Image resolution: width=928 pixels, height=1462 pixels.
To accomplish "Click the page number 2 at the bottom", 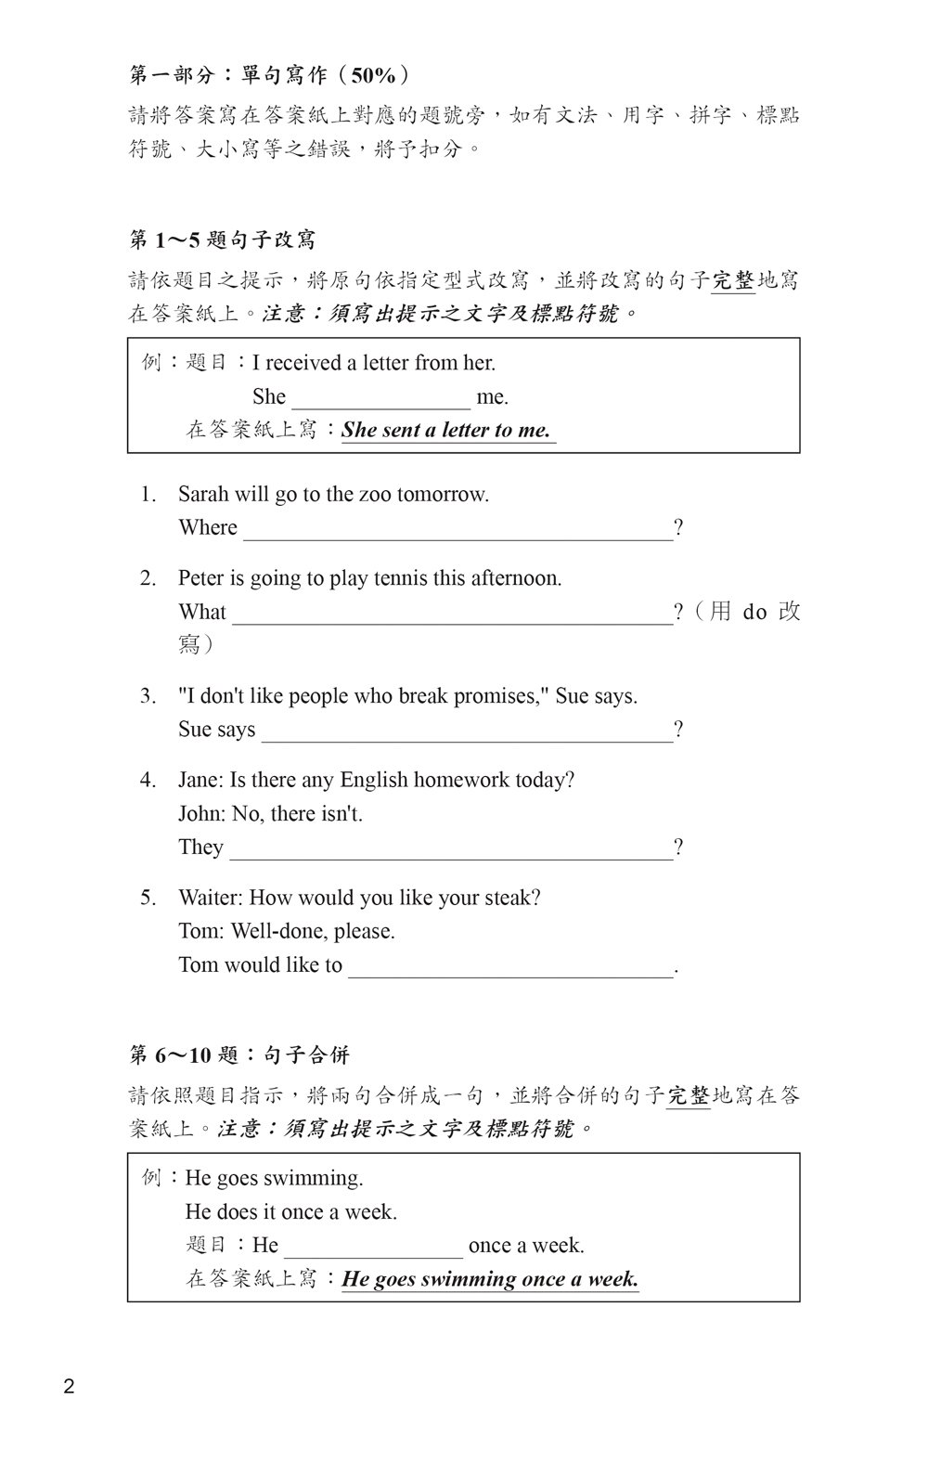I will pyautogui.click(x=70, y=1388).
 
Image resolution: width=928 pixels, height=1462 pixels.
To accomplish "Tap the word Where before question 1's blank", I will pyautogui.click(x=208, y=528).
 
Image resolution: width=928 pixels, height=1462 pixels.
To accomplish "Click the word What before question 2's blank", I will pyautogui.click(x=202, y=613).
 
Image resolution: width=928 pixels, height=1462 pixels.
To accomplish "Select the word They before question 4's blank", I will pyautogui.click(x=200, y=847).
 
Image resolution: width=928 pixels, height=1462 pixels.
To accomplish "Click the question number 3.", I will pyautogui.click(x=148, y=696).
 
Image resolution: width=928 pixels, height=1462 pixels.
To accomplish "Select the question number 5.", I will pyautogui.click(x=148, y=899).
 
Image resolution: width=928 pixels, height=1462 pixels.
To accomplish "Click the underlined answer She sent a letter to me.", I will pyautogui.click(x=446, y=431).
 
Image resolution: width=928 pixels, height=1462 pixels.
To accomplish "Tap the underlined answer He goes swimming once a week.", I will pyautogui.click(x=490, y=1279).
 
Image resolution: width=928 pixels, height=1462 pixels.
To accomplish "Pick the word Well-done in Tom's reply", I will pyautogui.click(x=279, y=932).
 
